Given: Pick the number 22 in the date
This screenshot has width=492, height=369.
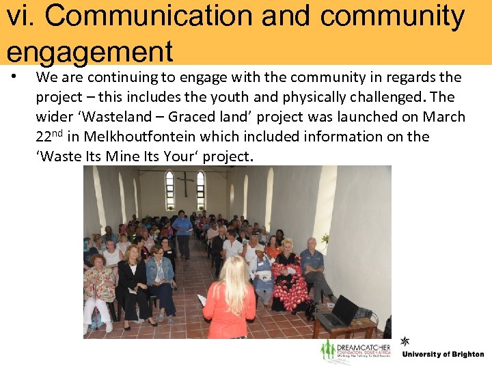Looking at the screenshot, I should (x=44, y=137).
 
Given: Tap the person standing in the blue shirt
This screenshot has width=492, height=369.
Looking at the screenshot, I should (x=182, y=232).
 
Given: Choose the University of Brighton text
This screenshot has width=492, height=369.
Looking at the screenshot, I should (x=443, y=355).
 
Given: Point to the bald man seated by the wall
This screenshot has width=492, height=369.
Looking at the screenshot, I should (x=313, y=263).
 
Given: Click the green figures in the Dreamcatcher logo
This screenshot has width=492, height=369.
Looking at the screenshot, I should (x=329, y=351).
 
